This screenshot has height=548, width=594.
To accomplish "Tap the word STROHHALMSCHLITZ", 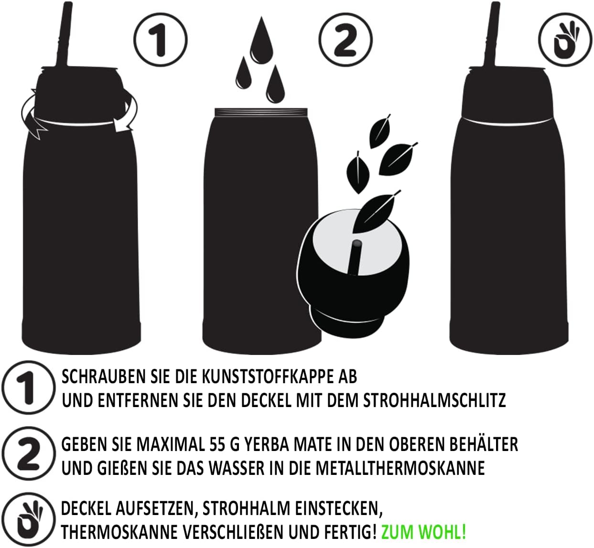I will click(434, 400).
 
